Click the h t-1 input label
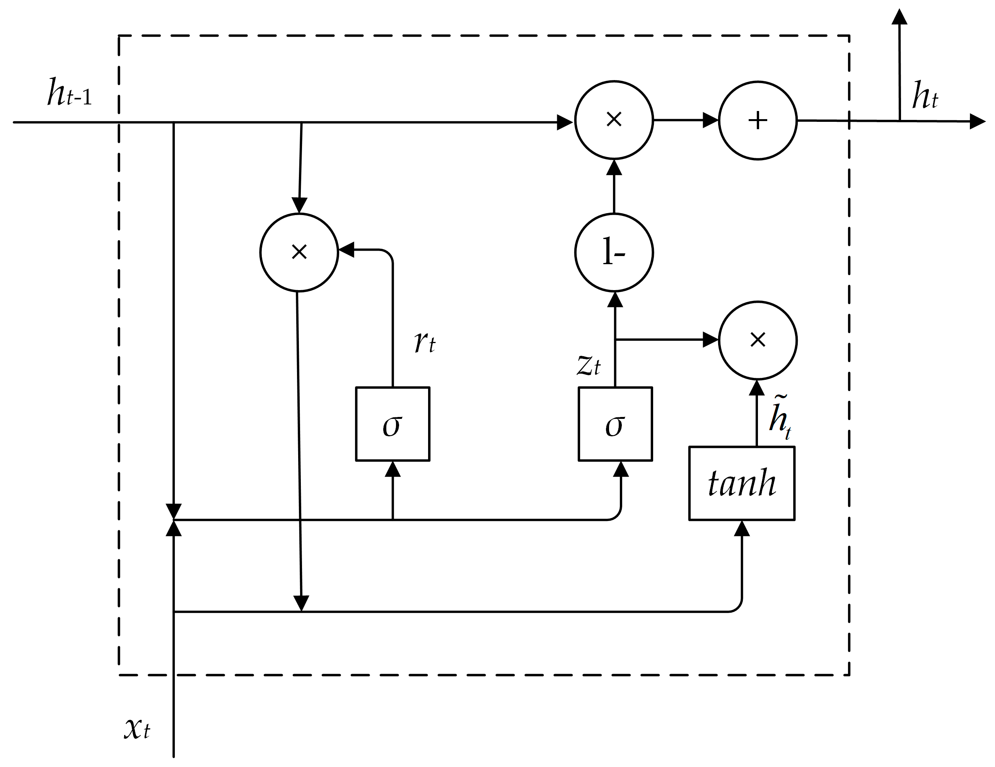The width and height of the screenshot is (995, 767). coord(69,93)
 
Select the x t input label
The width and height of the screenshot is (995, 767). coord(137,728)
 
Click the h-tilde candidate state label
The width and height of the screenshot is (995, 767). coord(780,417)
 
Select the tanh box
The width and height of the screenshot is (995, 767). coord(742,483)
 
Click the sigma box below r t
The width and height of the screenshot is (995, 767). coord(392,424)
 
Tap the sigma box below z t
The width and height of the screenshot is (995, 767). coord(615,424)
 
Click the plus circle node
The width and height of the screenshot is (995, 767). coord(758,121)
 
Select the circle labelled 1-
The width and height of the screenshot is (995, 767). coord(614,253)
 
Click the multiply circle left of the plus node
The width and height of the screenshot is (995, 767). coord(614,120)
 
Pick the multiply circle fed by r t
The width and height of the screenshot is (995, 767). coord(299,252)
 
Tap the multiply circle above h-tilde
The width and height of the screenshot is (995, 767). coord(758,340)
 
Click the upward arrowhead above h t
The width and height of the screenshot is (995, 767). coord(899,17)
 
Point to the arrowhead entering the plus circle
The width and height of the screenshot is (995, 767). coord(711,120)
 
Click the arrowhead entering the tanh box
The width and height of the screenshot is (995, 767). coord(742,529)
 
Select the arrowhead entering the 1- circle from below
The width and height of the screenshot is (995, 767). coord(615,299)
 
